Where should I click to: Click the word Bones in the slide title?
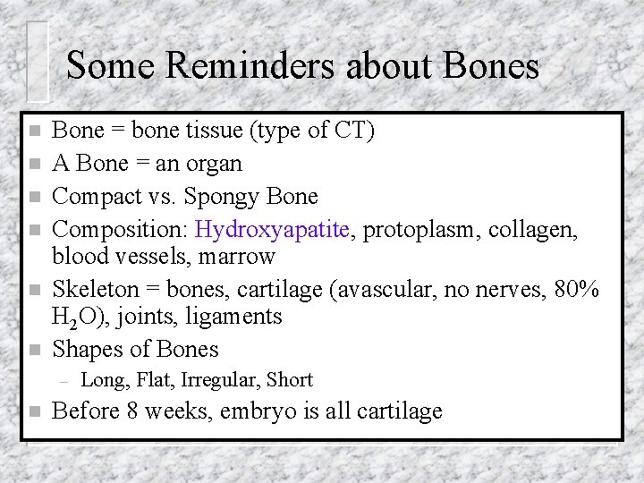point(491,65)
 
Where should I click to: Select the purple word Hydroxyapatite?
point(271,230)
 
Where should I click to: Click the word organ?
point(213,163)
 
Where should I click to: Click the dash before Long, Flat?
point(63,380)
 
